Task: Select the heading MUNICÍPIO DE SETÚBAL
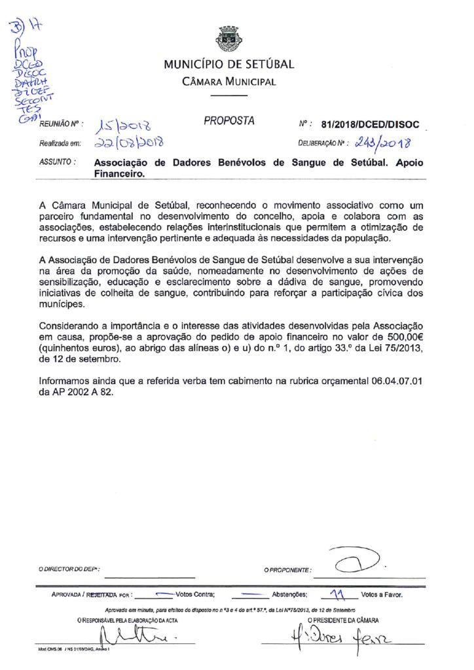click(x=228, y=65)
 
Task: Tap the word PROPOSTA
click(x=228, y=121)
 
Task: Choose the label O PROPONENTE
click(x=288, y=571)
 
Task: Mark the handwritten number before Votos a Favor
click(x=337, y=593)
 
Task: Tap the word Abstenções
click(x=289, y=595)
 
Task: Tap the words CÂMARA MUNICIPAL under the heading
click(x=228, y=82)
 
